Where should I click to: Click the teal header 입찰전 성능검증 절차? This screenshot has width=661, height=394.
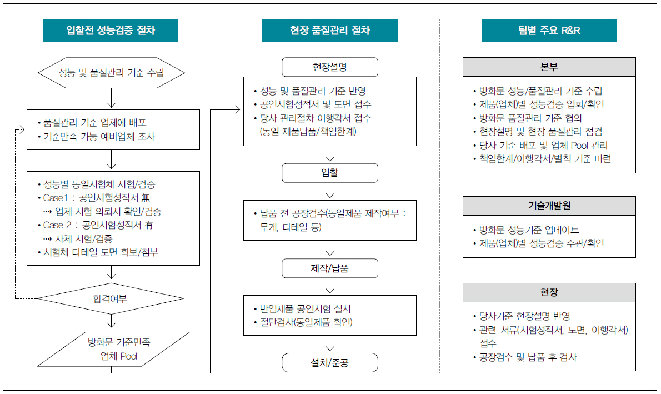111,31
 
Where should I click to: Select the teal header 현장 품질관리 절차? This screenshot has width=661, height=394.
329,31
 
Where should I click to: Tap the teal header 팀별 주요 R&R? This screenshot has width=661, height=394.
549,31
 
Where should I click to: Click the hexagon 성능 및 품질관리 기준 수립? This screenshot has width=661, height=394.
111,73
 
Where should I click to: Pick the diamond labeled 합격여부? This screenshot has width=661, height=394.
111,298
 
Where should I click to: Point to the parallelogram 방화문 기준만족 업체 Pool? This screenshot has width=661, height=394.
113,350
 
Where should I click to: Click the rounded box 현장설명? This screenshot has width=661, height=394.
329,67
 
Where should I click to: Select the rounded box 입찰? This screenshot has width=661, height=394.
329,172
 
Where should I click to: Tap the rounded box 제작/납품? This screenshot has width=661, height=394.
329,268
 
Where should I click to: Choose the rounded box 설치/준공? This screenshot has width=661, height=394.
329,363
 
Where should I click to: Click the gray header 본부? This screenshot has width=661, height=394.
549,67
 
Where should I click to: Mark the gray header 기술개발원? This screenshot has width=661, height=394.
549,206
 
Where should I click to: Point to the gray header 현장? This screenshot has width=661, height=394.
549,292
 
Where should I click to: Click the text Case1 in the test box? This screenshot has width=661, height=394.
56,198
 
